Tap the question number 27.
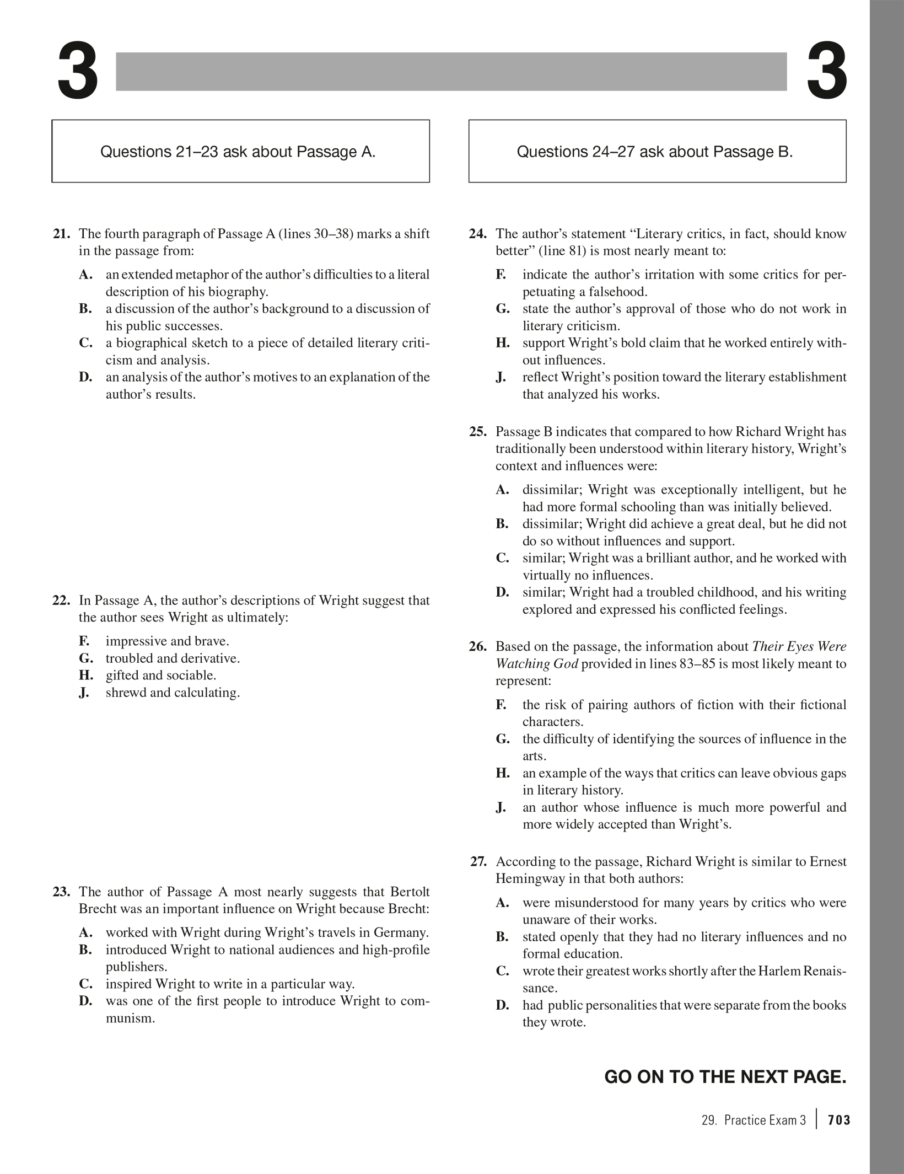(478, 861)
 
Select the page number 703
(839, 1120)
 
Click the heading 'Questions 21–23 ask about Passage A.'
(238, 152)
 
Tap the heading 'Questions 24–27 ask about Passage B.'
(654, 152)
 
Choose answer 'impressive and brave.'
(167, 641)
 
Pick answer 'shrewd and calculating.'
(173, 693)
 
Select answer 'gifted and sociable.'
(160, 676)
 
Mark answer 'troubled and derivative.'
(173, 658)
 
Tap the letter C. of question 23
(85, 984)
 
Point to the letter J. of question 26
(501, 808)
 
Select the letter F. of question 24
(501, 275)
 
